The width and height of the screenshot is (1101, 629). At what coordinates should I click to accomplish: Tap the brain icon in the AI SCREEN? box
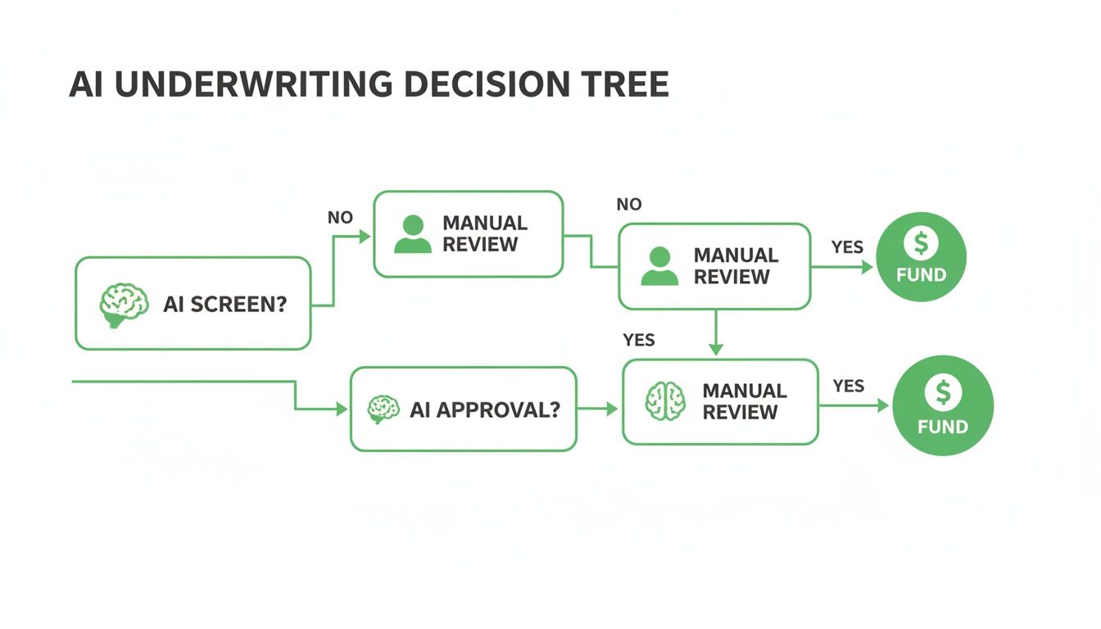pos(124,305)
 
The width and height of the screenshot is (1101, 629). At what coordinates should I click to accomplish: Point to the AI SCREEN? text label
pos(225,305)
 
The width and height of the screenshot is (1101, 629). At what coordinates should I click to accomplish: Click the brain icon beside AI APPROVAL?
pos(383,409)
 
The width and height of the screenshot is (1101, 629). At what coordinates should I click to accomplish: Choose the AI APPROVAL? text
pos(485,410)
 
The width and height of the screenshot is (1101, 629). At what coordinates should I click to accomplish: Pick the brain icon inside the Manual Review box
pos(665,401)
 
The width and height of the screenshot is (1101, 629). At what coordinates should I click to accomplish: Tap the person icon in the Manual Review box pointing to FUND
pos(659,266)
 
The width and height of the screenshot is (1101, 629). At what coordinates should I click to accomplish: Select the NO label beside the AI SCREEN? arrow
pos(340,218)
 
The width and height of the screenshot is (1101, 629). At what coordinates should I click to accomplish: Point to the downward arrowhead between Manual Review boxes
pos(716,349)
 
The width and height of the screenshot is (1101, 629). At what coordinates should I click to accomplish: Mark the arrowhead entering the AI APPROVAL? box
pos(342,409)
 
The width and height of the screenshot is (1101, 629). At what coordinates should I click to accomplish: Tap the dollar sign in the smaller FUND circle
pos(922,242)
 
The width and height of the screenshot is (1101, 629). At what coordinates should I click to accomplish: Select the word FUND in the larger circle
pos(943,427)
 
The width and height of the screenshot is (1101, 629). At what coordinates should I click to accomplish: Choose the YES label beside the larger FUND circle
pos(849,386)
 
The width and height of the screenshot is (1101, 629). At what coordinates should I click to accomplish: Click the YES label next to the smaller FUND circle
pos(847,247)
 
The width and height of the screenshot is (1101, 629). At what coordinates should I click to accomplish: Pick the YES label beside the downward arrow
pos(639,340)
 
